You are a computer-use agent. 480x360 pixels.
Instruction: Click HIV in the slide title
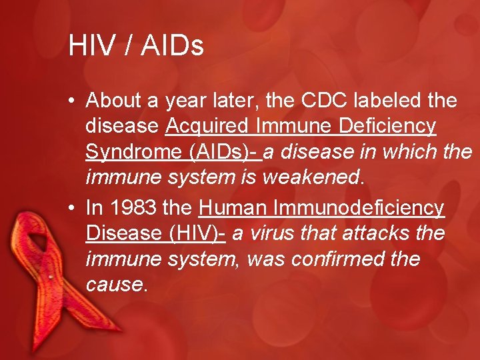[x=88, y=46]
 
